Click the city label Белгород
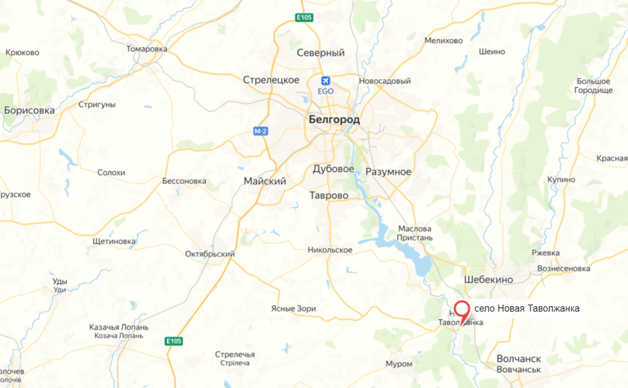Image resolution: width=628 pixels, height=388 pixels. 334,120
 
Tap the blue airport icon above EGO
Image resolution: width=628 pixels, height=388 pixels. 325,81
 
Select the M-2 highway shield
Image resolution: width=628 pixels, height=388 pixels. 260,131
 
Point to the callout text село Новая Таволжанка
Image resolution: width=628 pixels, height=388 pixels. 526,308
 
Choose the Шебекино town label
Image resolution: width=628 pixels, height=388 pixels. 489,280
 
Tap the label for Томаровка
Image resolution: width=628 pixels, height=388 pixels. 147,49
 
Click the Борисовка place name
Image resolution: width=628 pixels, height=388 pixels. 29,111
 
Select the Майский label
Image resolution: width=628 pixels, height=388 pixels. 265,181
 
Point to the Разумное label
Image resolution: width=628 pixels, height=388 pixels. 388,172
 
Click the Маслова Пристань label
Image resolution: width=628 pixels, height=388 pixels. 415,233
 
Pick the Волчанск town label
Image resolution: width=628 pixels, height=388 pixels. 518,359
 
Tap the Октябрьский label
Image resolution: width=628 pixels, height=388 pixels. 210,254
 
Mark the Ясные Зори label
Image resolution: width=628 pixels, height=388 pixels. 293,308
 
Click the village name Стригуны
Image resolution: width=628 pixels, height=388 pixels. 96,105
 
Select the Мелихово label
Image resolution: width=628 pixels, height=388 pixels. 444,40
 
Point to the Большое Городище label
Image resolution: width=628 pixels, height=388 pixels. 593,86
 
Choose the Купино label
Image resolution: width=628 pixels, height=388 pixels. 561,180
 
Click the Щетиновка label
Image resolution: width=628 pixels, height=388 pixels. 114,241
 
